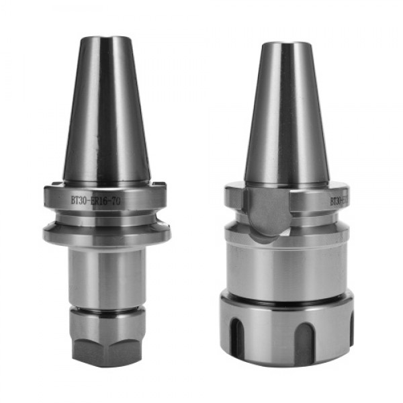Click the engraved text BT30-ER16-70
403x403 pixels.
pos(95,199)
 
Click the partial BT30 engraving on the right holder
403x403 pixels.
pos(337,200)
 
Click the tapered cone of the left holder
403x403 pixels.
pos(105,114)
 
